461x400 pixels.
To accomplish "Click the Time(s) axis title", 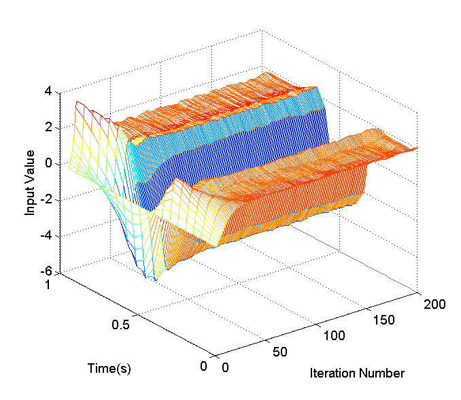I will pos(109,368).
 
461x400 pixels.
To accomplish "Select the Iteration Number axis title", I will pos(357,373).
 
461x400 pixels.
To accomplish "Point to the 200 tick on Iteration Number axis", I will pos(434,304).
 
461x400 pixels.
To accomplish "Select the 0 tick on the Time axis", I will pos(203,366).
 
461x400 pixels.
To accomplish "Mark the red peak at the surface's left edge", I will pos(78,103).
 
